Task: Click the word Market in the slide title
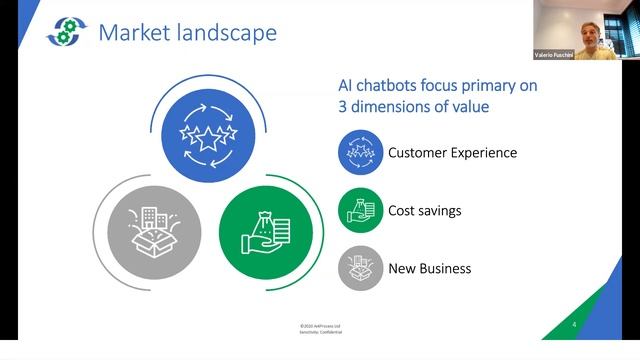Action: (x=135, y=33)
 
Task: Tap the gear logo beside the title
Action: (x=67, y=31)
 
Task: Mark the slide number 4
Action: (x=573, y=325)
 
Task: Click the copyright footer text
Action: (x=320, y=328)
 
